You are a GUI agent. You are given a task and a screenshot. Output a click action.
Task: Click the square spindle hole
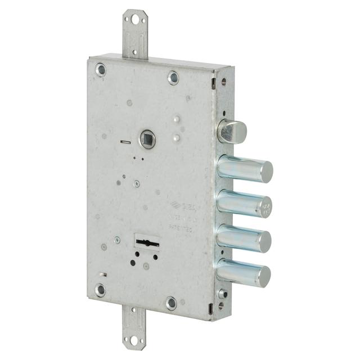tap(147, 138)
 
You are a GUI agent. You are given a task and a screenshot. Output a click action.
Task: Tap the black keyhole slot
tap(147, 242)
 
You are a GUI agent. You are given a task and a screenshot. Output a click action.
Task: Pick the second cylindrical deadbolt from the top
tap(246, 204)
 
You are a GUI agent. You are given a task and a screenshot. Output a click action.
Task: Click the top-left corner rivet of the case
tap(101, 70)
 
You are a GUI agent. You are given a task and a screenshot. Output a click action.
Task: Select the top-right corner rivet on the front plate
tap(174, 78)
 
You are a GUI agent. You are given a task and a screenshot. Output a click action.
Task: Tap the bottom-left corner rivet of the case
tap(100, 290)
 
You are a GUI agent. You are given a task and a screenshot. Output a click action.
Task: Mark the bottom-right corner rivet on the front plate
tap(172, 304)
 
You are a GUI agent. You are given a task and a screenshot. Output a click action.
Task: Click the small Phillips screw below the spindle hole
tap(136, 183)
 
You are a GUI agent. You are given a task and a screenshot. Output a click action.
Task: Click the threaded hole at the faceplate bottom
tap(223, 294)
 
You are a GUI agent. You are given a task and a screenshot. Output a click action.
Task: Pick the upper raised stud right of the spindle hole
tap(176, 120)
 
